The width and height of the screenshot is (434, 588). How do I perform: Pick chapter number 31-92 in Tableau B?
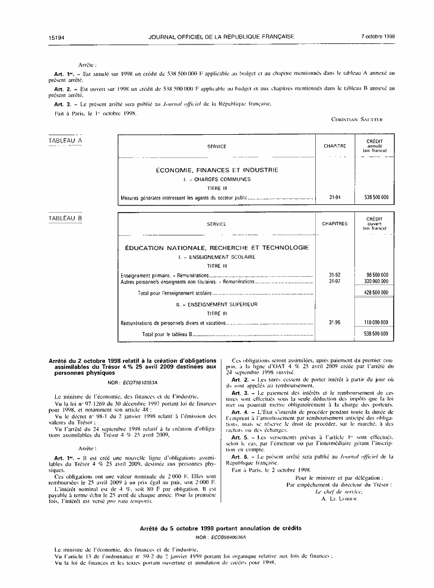(x=334, y=275)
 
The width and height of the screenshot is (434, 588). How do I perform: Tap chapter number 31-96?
(x=334, y=322)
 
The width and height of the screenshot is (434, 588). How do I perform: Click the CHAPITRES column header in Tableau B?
(x=334, y=224)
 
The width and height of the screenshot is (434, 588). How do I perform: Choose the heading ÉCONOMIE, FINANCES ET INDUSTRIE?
(x=217, y=170)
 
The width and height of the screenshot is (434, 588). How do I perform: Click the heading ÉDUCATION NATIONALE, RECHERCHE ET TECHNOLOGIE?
(x=217, y=247)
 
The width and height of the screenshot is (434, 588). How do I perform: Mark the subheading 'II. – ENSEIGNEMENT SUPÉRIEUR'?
(x=217, y=304)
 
